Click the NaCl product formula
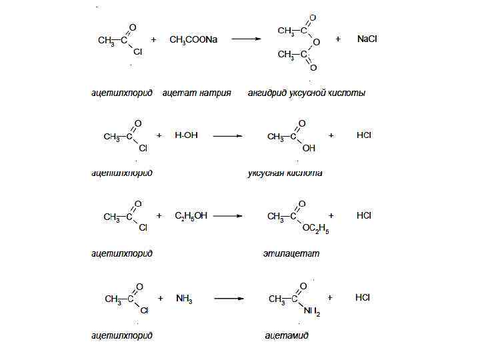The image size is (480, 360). [x=367, y=39]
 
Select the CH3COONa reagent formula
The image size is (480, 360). [x=193, y=40]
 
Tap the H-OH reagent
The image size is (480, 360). [x=186, y=135]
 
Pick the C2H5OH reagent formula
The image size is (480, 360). [x=191, y=215]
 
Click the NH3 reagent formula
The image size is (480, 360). [x=184, y=299]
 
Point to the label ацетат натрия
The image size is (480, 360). [x=197, y=93]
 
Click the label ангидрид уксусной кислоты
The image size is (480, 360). [x=306, y=93]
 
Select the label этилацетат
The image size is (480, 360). [x=291, y=253]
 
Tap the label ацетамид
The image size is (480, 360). [x=287, y=335]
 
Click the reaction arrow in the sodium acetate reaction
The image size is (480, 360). [x=245, y=39]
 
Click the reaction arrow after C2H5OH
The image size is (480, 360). [x=227, y=216]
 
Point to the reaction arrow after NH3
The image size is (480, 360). [x=227, y=299]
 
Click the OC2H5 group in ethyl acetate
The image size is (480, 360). [x=315, y=229]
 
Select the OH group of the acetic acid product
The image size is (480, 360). [x=309, y=148]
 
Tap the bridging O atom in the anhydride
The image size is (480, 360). [x=316, y=42]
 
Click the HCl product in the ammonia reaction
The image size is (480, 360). [x=362, y=297]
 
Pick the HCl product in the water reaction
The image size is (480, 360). [x=364, y=135]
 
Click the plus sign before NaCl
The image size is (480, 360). [x=337, y=39]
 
